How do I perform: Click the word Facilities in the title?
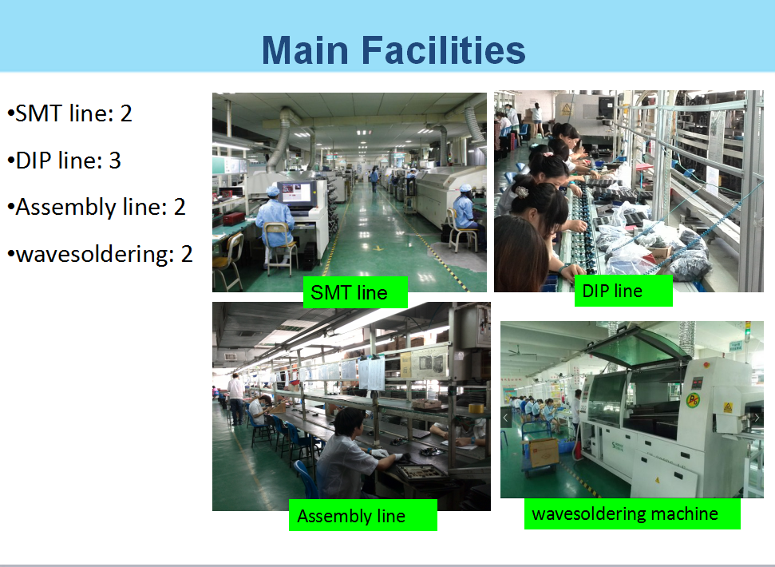click(443, 50)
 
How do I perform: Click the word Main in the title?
click(305, 50)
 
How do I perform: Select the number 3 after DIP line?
click(115, 161)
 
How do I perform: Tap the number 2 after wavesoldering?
click(186, 254)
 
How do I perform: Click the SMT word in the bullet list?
click(38, 113)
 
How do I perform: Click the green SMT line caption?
click(355, 292)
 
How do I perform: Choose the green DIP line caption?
click(623, 291)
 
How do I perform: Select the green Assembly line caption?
click(363, 515)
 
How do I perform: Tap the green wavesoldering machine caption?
click(632, 513)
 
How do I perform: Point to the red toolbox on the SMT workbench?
click(233, 218)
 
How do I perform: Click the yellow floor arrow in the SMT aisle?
click(378, 248)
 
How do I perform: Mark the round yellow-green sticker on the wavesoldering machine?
click(694, 399)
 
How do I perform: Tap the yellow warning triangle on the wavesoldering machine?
click(728, 407)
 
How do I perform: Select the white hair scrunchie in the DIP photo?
click(521, 190)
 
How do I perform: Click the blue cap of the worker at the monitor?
click(272, 190)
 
